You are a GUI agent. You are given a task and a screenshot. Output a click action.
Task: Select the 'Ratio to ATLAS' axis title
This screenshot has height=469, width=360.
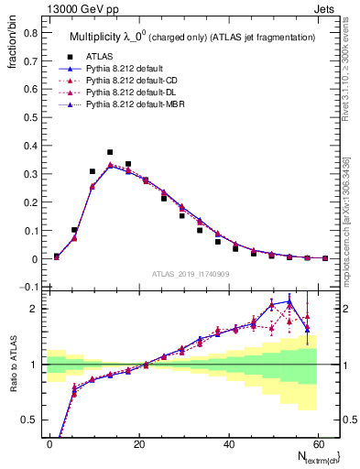[x=14, y=365]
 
